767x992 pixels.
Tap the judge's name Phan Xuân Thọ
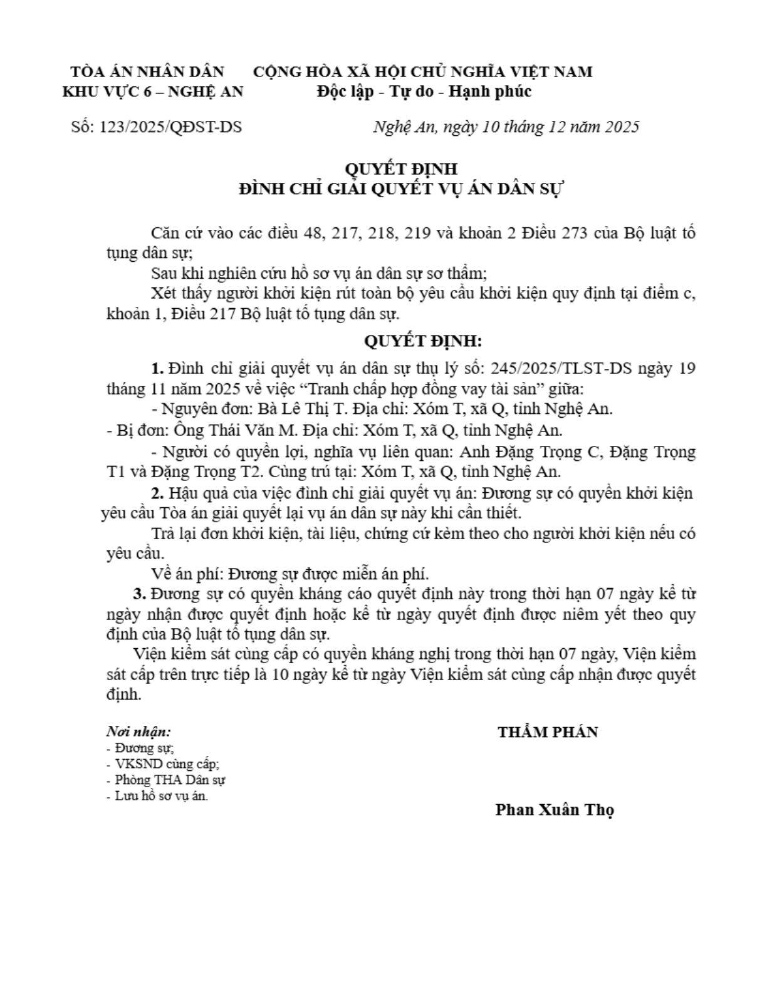(554, 810)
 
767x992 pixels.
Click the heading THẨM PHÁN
(548, 731)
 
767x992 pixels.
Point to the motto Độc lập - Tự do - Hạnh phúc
(424, 91)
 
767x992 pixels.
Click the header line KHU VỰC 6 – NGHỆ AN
(153, 91)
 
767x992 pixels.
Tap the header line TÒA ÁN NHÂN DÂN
(147, 71)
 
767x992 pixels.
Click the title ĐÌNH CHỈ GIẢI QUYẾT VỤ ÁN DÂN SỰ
(401, 189)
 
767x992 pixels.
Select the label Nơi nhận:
(138, 731)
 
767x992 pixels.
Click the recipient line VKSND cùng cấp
(167, 764)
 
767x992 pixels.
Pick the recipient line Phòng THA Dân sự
(170, 780)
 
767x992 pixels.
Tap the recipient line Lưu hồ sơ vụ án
(161, 797)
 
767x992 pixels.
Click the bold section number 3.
(139, 593)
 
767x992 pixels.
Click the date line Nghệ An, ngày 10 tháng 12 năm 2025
(506, 127)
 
